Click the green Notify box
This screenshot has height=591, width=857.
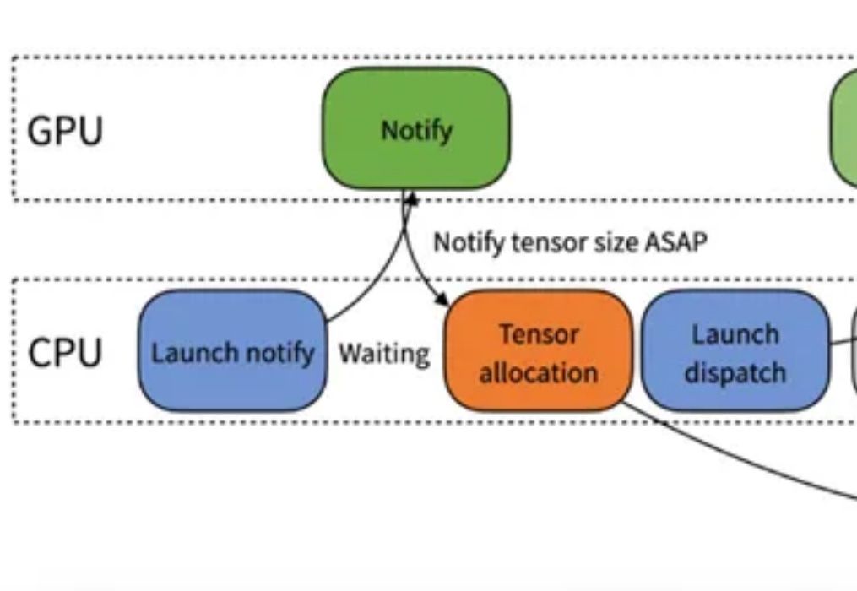[x=416, y=128]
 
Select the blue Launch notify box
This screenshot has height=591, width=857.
[x=233, y=351]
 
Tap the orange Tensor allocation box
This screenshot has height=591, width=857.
[x=539, y=351]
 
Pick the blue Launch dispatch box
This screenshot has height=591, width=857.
[x=735, y=351]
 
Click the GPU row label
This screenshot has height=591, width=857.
[x=65, y=131]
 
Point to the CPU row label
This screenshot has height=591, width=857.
[x=65, y=353]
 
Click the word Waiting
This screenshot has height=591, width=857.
[x=384, y=355]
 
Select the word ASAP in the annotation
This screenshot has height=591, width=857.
[x=676, y=242]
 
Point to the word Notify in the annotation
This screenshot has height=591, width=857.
[x=469, y=243]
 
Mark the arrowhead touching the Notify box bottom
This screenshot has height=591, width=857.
[x=411, y=198]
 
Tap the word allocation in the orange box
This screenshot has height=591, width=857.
[x=539, y=373]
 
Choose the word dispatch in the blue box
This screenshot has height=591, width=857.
[x=735, y=373]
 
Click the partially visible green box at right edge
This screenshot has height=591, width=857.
[x=843, y=128]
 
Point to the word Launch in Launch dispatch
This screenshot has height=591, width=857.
[x=735, y=334]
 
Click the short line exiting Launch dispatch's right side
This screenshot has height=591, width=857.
[x=843, y=342]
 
